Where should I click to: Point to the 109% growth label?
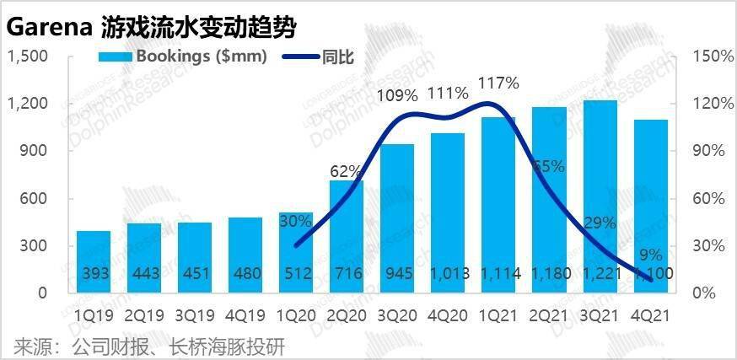pyautogui.click(x=397, y=94)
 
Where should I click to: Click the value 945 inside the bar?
pyautogui.click(x=397, y=274)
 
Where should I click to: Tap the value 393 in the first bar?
pyautogui.click(x=94, y=274)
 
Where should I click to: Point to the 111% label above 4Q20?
pyautogui.click(x=448, y=93)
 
